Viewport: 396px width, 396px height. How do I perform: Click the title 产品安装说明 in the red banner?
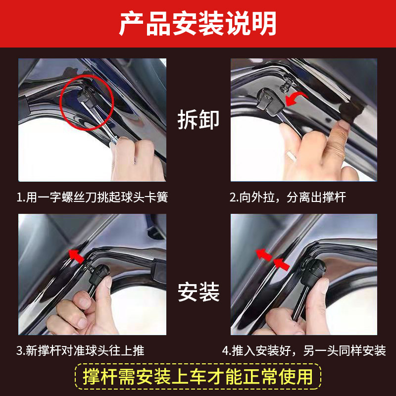point(198,23)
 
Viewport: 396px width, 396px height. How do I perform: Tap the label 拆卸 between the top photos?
point(198,120)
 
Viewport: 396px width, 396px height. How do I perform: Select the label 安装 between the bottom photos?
point(198,292)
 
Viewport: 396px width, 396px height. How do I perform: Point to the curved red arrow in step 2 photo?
point(296,99)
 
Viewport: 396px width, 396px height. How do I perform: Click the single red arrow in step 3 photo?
point(77,255)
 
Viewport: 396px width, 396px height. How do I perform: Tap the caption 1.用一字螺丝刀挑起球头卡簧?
point(92,197)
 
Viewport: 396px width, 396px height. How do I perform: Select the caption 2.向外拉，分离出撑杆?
point(288,197)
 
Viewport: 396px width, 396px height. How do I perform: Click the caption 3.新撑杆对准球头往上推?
point(80,350)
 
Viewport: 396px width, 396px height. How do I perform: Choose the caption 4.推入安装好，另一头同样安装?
point(304,350)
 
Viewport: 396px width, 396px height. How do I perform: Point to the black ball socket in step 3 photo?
point(99,274)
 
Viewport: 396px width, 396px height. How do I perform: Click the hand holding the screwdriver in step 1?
point(137,159)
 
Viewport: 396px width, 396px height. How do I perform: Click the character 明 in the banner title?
point(264,23)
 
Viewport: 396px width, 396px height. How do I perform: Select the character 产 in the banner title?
point(131,23)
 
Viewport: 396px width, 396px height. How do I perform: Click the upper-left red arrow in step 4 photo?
point(264,254)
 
